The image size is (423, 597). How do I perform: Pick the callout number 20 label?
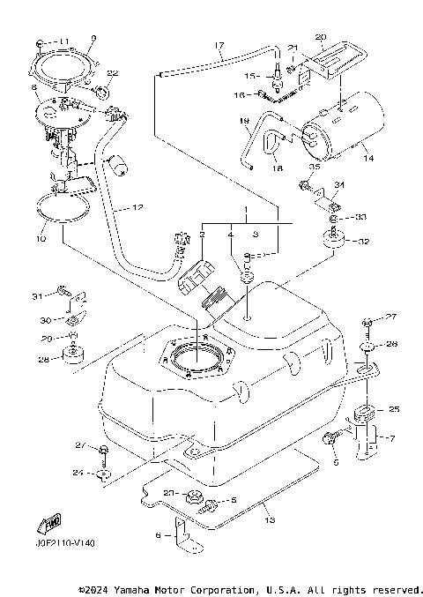tap(320, 37)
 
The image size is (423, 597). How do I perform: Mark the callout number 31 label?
tap(37, 295)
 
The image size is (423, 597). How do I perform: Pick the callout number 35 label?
tap(313, 167)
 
